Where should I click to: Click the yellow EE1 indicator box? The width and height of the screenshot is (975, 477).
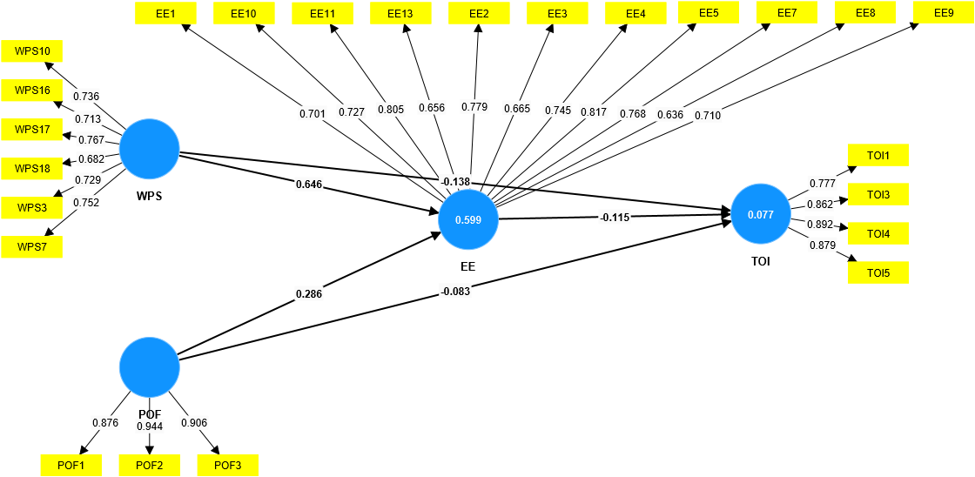(165, 13)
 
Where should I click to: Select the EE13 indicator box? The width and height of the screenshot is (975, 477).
(400, 13)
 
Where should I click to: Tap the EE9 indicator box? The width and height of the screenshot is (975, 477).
(944, 13)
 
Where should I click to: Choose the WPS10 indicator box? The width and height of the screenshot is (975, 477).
(32, 51)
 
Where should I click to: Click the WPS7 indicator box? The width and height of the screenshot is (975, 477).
(32, 247)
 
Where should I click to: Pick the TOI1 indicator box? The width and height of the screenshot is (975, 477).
(878, 155)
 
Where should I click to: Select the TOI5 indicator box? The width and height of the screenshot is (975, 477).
(878, 272)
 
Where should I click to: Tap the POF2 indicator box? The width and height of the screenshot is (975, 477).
(149, 465)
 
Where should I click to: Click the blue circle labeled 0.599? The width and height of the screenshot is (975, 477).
(468, 220)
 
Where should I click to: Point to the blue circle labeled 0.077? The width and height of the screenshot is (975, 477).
(761, 214)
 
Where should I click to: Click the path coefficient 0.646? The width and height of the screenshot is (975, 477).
(309, 184)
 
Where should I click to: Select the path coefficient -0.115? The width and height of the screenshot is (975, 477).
(615, 217)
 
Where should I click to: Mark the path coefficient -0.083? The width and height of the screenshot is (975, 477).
(455, 291)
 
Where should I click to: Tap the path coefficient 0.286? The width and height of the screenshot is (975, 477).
(309, 294)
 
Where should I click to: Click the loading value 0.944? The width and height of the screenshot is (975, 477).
(150, 426)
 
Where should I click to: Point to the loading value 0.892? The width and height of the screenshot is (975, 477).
(820, 224)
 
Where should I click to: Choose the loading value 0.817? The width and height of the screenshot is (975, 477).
(594, 111)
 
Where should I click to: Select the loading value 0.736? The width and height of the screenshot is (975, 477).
(86, 96)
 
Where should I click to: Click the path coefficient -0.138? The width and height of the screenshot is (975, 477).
(455, 181)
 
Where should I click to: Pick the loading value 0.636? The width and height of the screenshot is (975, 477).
(670, 114)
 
